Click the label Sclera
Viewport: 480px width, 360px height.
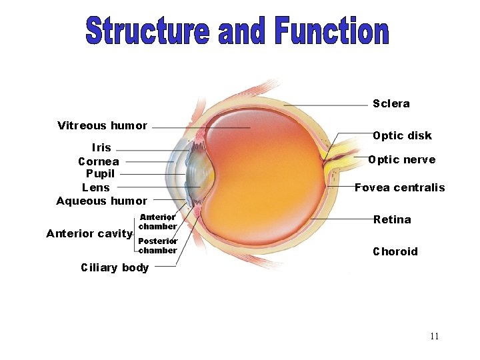pyautogui.click(x=391, y=103)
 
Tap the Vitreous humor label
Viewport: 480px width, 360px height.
pyautogui.click(x=102, y=125)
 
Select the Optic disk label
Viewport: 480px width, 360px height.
pyautogui.click(x=402, y=135)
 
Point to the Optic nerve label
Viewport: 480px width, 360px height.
pyautogui.click(x=402, y=159)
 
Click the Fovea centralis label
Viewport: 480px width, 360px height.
pyautogui.click(x=399, y=187)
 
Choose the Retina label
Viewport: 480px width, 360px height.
pyautogui.click(x=392, y=219)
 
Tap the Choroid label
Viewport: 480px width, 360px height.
pyautogui.click(x=395, y=251)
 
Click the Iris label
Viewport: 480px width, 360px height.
pyautogui.click(x=101, y=147)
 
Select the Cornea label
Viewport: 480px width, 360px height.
pyautogui.click(x=99, y=161)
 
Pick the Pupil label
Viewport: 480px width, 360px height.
pyautogui.click(x=100, y=173)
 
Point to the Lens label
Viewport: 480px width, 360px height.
pyautogui.click(x=95, y=187)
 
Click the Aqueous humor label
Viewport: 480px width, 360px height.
pyautogui.click(x=101, y=201)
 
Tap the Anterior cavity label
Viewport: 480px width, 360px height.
pyautogui.click(x=89, y=233)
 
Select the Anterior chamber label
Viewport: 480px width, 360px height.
pyautogui.click(x=157, y=221)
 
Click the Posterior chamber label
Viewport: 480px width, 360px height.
pyautogui.click(x=157, y=245)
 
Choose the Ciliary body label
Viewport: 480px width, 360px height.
pyautogui.click(x=115, y=267)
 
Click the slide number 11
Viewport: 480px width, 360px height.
pyautogui.click(x=434, y=336)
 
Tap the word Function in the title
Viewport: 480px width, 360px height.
pyautogui.click(x=331, y=31)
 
